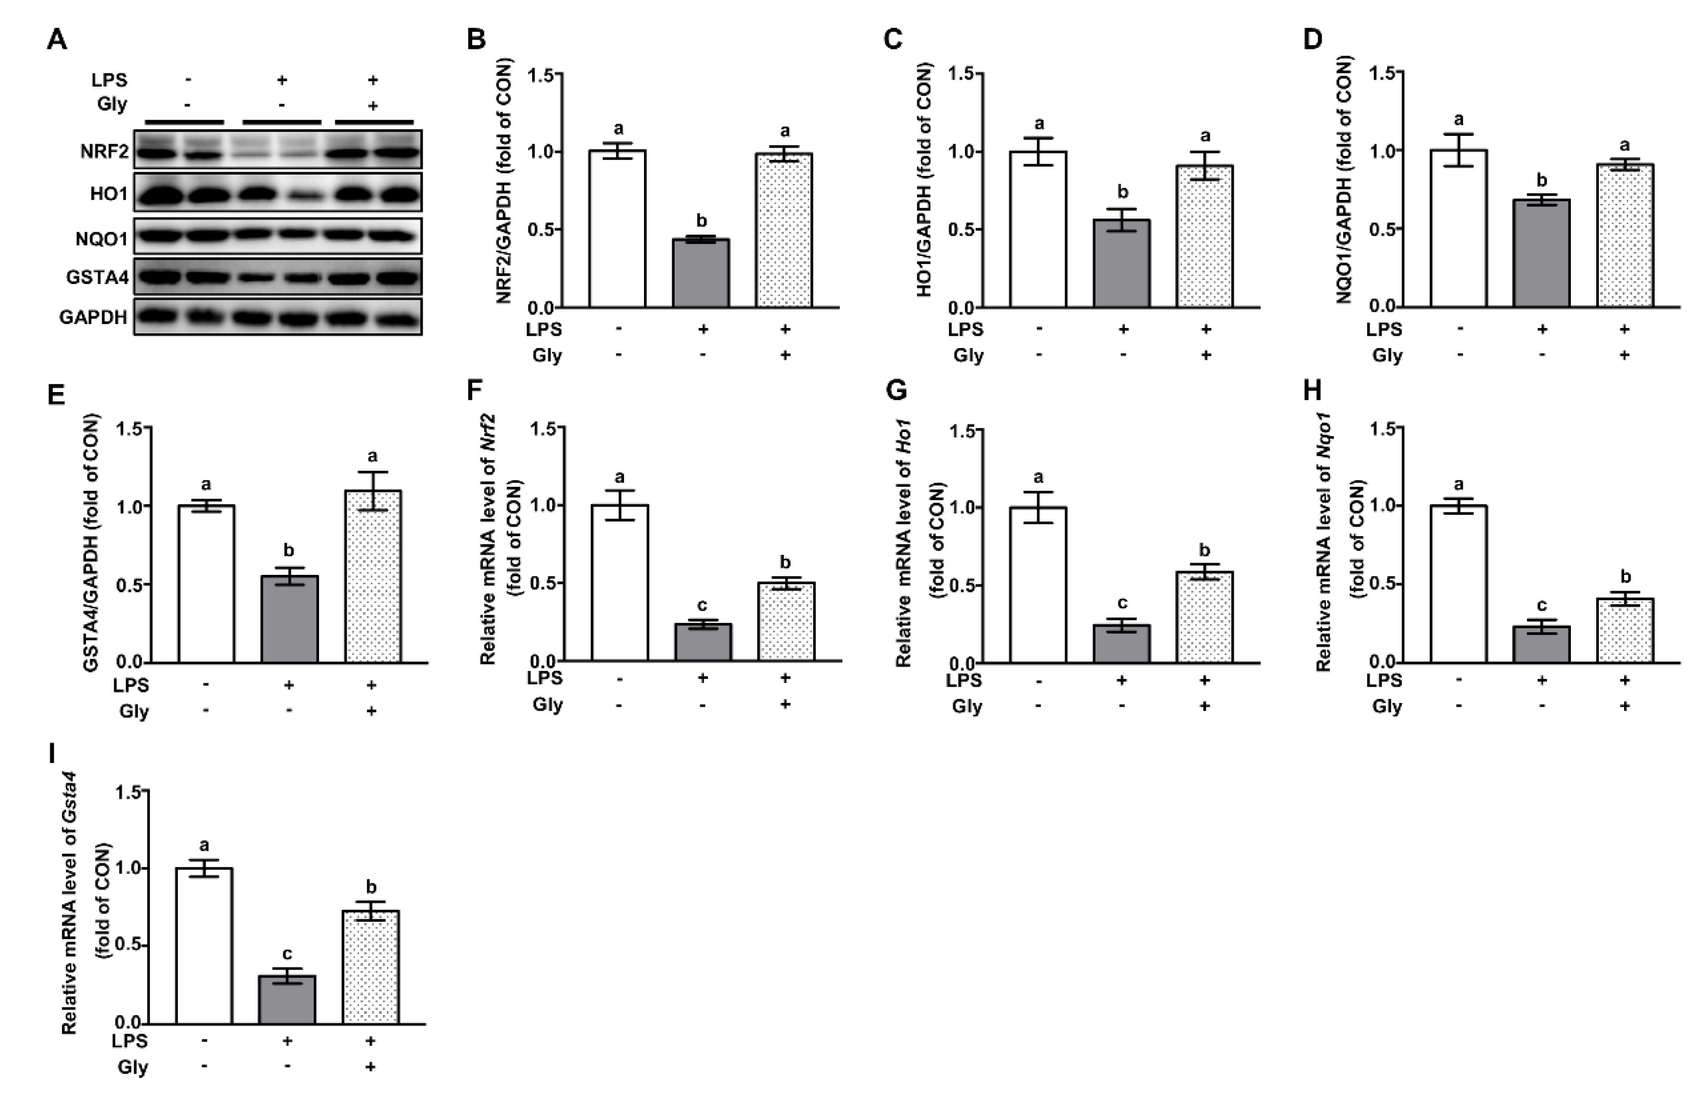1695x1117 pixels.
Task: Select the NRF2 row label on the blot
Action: click(x=105, y=152)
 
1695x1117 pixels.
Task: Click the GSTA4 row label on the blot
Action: click(x=98, y=277)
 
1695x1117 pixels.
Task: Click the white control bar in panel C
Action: click(x=1038, y=229)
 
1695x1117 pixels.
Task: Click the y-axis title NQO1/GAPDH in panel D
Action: click(x=1344, y=182)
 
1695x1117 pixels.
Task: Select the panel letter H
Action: click(x=1312, y=391)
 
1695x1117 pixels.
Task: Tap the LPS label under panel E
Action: click(x=131, y=685)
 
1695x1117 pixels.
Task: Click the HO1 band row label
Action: click(x=108, y=193)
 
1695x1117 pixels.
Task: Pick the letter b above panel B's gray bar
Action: click(x=702, y=221)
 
